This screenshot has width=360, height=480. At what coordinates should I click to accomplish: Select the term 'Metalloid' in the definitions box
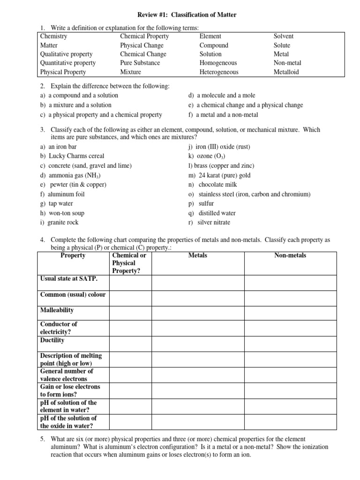pyautogui.click(x=286, y=72)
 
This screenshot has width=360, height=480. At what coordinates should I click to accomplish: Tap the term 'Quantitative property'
pyautogui.click(x=68, y=63)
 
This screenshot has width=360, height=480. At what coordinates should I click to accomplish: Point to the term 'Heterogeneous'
pyautogui.click(x=219, y=72)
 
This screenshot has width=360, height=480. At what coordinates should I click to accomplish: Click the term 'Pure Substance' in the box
pyautogui.click(x=140, y=63)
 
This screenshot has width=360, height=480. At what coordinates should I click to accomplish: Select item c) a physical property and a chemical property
pyautogui.click(x=101, y=114)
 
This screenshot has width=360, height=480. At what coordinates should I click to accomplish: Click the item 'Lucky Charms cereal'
pyautogui.click(x=72, y=156)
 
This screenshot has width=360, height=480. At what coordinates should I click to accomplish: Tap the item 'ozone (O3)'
pyautogui.click(x=210, y=156)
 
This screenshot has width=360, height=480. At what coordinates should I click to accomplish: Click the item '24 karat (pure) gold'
pyautogui.click(x=219, y=175)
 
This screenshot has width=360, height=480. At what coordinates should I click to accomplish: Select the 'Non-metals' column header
pyautogui.click(x=290, y=255)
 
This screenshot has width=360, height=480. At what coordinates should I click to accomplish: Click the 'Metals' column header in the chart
pyautogui.click(x=198, y=255)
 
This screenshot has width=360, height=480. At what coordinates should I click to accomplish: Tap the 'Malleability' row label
pyautogui.click(x=57, y=310)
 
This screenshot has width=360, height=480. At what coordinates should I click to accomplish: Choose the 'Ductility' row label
pyautogui.click(x=52, y=340)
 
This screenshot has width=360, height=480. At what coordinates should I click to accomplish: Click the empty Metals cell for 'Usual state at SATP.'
pyautogui.click(x=198, y=283)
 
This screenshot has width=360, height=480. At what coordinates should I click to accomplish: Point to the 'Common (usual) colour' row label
pyautogui.click(x=73, y=295)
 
